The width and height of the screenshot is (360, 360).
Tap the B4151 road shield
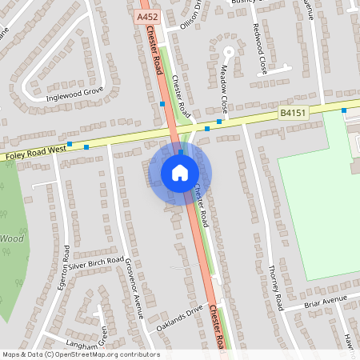pos(292,114)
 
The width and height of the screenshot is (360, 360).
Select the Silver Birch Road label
pos(95,263)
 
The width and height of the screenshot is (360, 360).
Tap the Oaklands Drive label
pos(180,316)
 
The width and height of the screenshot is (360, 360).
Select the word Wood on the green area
pos(12,238)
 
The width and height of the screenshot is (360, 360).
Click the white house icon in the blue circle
pos(180,172)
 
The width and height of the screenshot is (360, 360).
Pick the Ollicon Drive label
pos(189,14)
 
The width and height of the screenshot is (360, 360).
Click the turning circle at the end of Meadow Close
pos(228,53)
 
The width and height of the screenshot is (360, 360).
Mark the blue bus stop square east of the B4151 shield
pos(344,110)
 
